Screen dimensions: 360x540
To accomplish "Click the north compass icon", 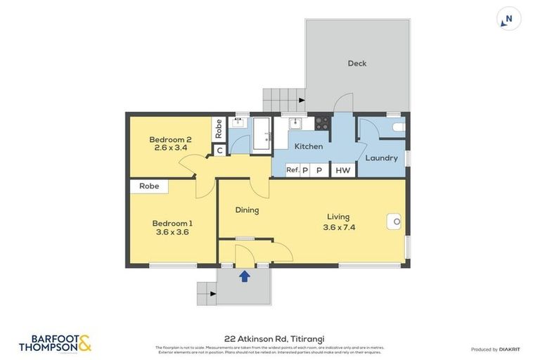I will tap(508, 19).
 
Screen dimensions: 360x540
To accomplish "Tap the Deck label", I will tap(357, 63).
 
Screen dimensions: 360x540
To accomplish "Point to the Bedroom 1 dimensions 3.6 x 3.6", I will tap(172, 232).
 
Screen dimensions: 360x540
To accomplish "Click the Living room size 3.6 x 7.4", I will tap(338, 227).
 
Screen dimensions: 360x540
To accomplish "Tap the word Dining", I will tap(247, 210).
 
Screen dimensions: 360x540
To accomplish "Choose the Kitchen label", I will tap(308, 146).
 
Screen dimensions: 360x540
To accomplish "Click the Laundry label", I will tap(381, 158).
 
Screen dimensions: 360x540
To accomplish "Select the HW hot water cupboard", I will tap(342, 170).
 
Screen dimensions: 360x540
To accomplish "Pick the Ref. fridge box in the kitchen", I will tap(292, 170).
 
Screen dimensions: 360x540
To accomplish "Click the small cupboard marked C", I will tap(219, 150).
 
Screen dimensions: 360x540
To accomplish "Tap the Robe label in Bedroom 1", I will tap(148, 186).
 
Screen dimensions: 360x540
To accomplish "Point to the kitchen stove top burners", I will tap(322, 122).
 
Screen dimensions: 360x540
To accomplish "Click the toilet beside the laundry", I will tap(398, 127).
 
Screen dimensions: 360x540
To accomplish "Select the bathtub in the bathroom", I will tap(262, 133).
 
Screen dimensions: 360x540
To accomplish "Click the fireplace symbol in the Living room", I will tap(395, 222).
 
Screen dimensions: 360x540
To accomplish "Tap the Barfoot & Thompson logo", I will tap(55, 343).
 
